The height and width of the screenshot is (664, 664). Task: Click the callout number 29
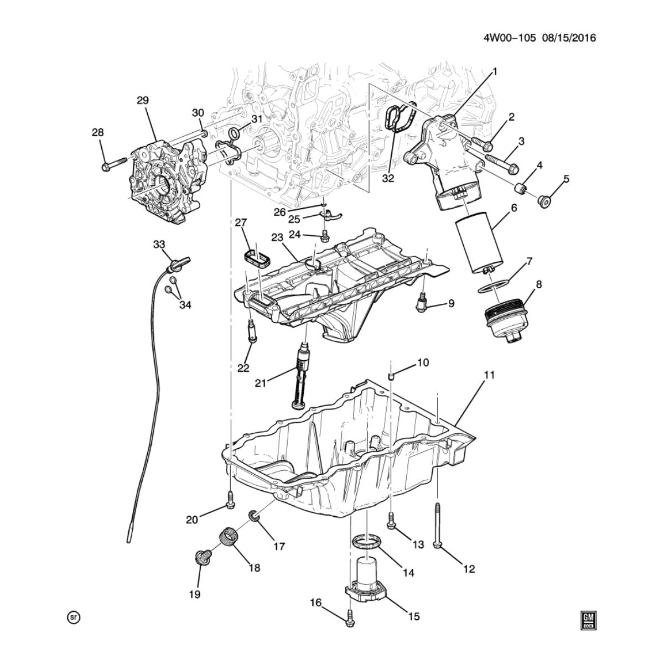[x=142, y=101]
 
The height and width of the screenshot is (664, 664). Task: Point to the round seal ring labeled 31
[x=235, y=132]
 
